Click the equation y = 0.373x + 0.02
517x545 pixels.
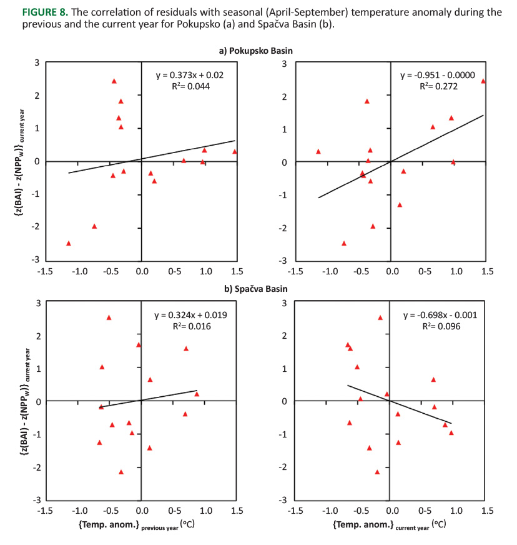[190, 75]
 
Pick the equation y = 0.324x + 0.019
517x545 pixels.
[190, 315]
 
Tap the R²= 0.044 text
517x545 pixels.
[190, 86]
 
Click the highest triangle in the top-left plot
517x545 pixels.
[114, 81]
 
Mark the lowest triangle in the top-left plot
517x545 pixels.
[69, 243]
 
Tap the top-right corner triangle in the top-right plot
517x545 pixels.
[483, 81]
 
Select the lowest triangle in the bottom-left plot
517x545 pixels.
[121, 472]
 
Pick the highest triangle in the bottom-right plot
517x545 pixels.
[380, 317]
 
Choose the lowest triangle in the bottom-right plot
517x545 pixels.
[377, 472]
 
